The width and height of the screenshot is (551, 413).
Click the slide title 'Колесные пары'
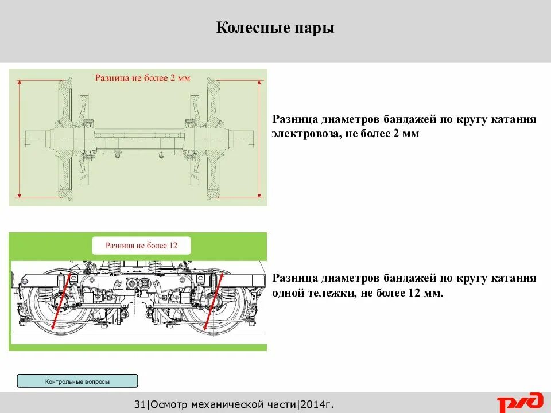click(275, 28)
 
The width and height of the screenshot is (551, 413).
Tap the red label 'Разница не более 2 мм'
click(142, 78)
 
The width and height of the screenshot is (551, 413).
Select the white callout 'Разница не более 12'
click(141, 246)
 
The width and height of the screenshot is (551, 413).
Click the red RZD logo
click(519, 403)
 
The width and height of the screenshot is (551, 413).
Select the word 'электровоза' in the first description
click(304, 134)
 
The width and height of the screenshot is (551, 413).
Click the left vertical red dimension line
click(20, 138)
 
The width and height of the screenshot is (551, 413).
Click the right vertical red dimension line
click(260, 138)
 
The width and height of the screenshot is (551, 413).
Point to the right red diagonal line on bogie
click(213, 301)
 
